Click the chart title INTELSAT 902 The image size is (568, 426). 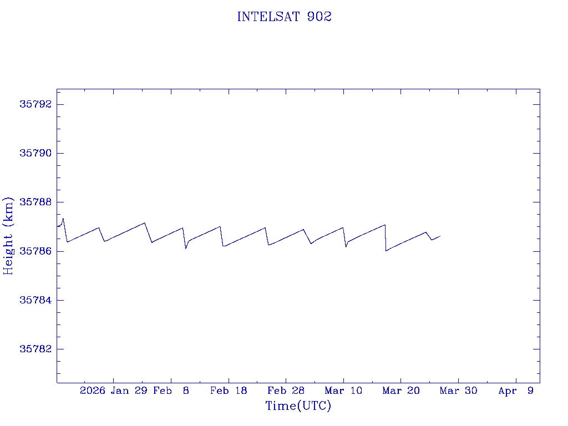[284, 17]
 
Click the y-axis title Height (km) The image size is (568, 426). [8, 235]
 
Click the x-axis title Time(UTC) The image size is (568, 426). [298, 406]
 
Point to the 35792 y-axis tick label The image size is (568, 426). [34, 104]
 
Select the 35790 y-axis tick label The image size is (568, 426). [34, 153]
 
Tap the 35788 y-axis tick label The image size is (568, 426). [34, 202]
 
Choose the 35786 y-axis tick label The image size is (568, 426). [34, 251]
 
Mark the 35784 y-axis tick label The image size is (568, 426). [34, 300]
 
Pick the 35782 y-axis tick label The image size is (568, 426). [34, 349]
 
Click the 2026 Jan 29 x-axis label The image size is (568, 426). [114, 391]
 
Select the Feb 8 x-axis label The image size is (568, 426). [171, 391]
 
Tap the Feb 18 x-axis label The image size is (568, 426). [229, 391]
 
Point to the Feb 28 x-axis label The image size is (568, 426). [286, 391]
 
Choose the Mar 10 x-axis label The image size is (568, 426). [343, 391]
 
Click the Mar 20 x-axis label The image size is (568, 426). [400, 391]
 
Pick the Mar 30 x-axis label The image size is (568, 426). [458, 391]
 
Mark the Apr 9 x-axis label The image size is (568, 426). [516, 391]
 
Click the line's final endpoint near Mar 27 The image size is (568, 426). [440, 236]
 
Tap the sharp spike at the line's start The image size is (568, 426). [63, 219]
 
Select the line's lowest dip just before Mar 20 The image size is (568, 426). [386, 251]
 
